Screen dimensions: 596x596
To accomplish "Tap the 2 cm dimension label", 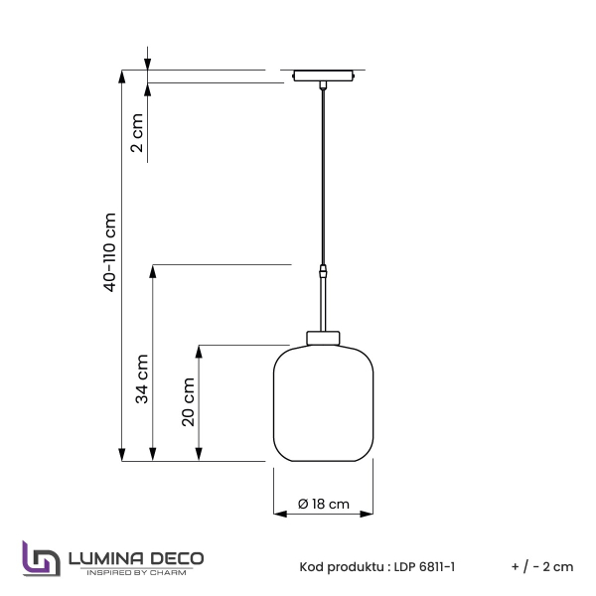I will coord(137,133).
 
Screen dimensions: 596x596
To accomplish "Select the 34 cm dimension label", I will coord(142,378).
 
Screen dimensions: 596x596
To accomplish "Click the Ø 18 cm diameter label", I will coord(324,505).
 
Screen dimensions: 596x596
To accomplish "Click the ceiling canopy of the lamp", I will coord(324,75).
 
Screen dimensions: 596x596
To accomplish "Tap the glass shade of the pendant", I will coord(323,402).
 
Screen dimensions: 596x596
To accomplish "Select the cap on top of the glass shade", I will coord(323,336).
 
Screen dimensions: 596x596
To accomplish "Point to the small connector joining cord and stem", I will coord(323,269).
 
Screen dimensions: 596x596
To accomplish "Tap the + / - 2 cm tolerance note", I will coord(542,567).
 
